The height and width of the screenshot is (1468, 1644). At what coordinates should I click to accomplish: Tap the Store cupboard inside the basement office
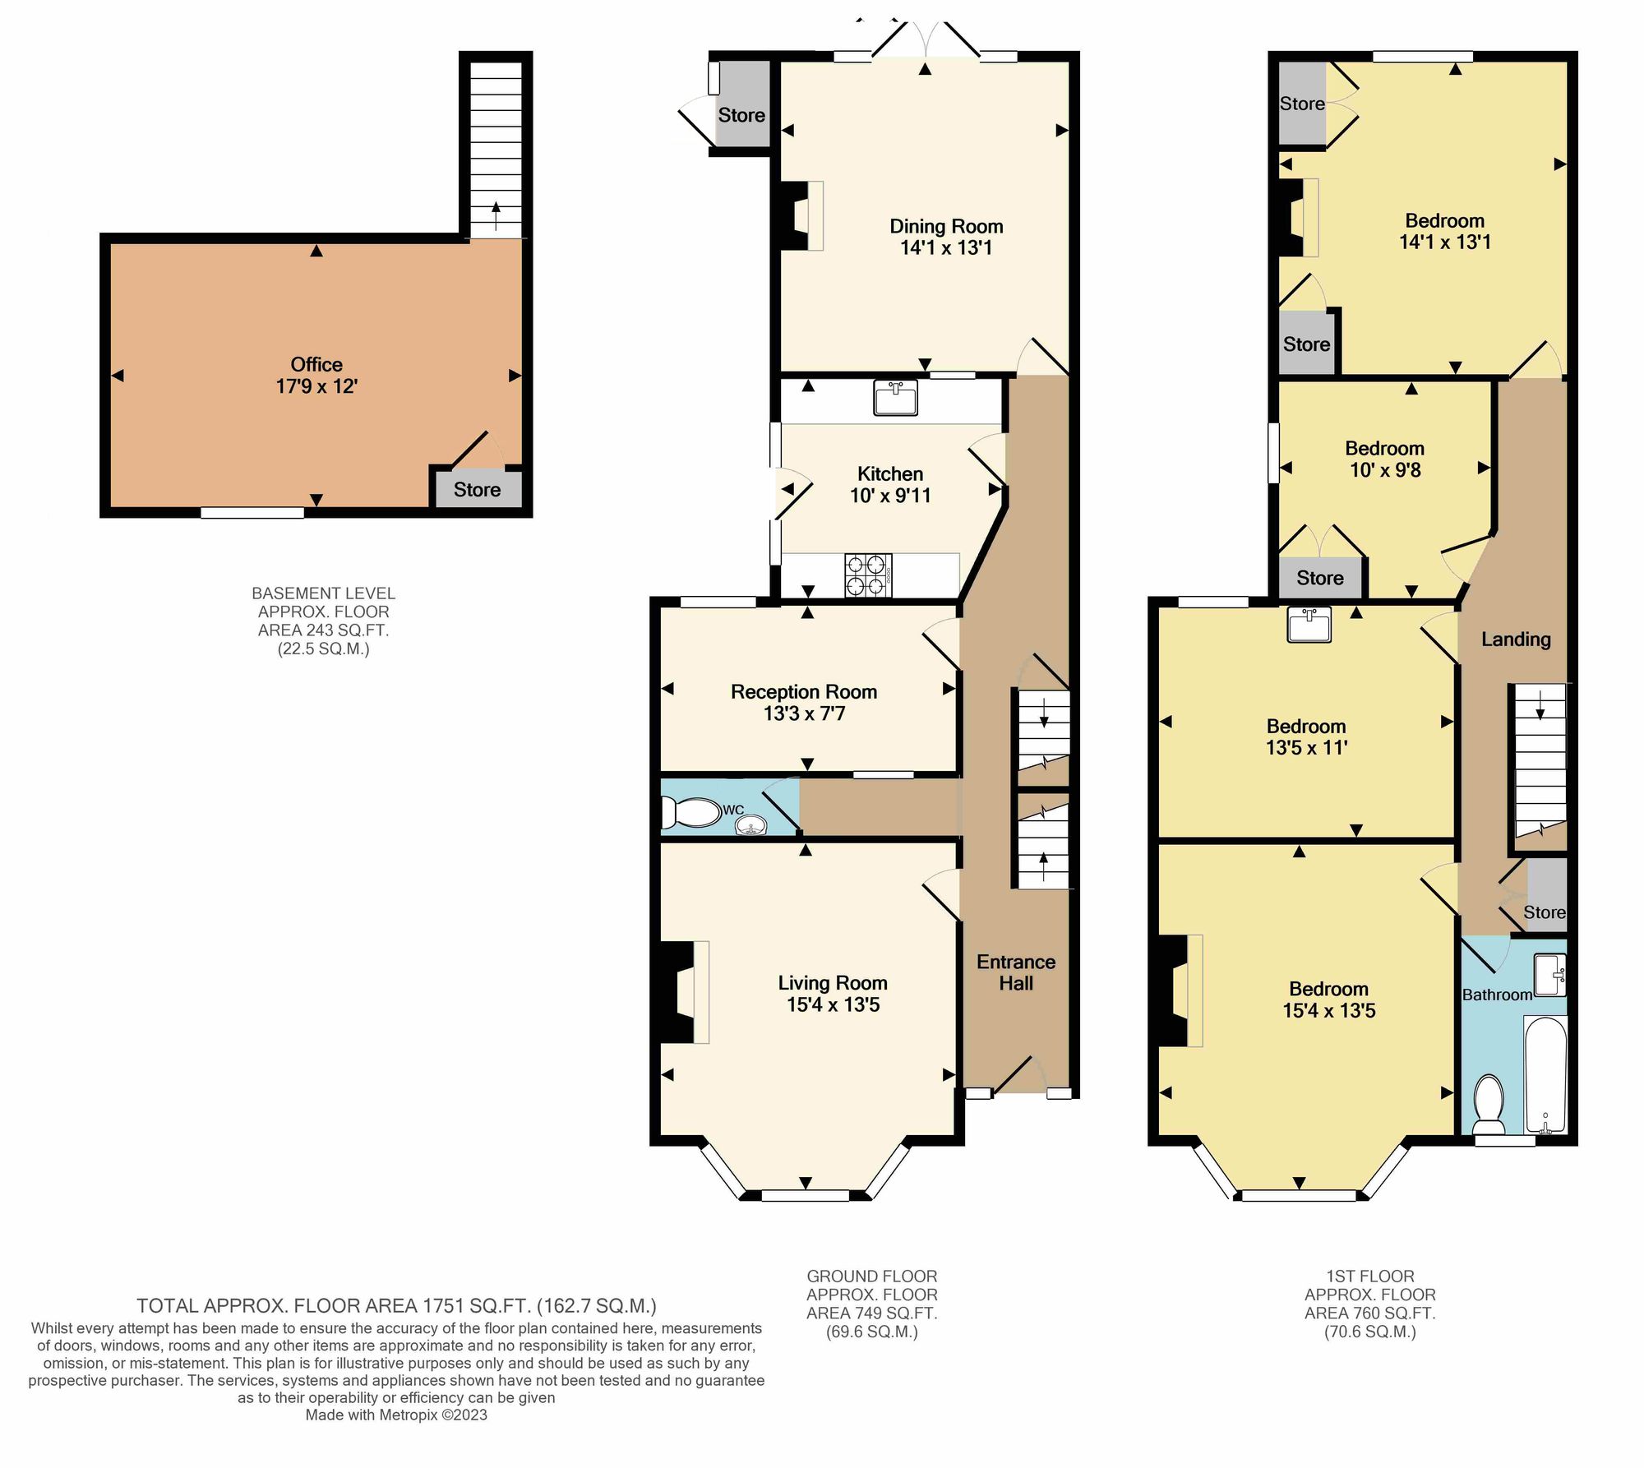click(x=477, y=489)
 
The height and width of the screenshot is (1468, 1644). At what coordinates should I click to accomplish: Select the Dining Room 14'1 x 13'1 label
click(x=946, y=237)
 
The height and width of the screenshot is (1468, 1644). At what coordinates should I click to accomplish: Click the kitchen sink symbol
click(x=895, y=399)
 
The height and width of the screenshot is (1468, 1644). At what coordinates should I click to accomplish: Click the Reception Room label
click(x=804, y=702)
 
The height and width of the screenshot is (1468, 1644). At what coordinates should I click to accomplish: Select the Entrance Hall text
click(x=1016, y=972)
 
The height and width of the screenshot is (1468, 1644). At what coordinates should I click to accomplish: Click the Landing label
click(x=1516, y=639)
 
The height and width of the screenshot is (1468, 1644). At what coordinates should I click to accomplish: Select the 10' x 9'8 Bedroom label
click(x=1385, y=459)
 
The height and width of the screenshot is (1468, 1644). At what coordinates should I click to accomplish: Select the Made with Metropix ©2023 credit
click(x=396, y=1415)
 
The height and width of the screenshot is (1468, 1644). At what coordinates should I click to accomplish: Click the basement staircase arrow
click(x=496, y=216)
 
